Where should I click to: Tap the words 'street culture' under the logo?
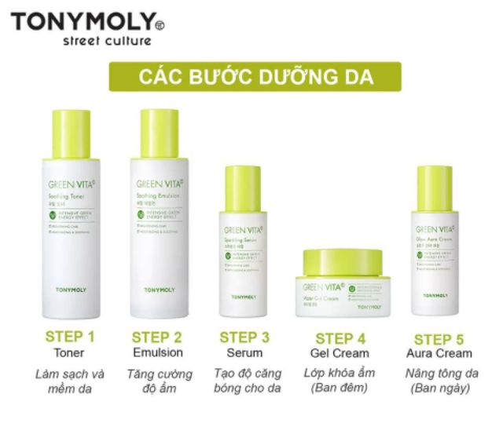[106, 41]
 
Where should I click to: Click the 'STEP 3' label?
[244, 337]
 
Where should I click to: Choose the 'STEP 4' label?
[340, 338]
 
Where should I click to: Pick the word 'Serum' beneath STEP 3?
[244, 353]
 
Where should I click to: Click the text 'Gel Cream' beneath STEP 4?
[340, 354]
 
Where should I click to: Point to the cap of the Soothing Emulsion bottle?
[160, 133]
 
